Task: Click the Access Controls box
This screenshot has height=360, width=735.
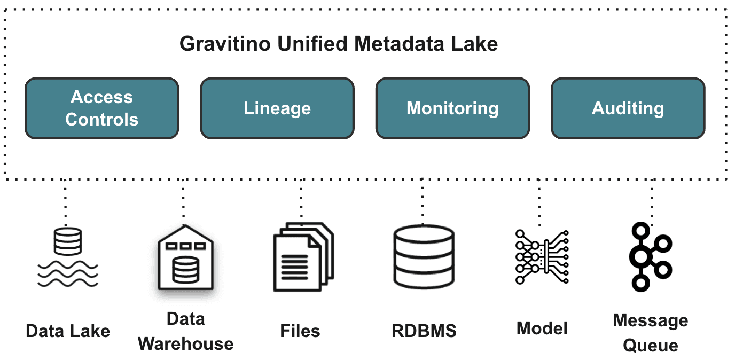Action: (101, 108)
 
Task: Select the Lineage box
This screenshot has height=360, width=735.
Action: (277, 108)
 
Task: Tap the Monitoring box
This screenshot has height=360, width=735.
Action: (452, 108)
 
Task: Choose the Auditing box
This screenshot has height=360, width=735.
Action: (628, 108)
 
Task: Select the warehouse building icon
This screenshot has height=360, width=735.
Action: (185, 260)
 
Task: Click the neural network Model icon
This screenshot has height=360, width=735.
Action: (542, 257)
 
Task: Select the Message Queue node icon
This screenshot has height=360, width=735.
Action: (650, 257)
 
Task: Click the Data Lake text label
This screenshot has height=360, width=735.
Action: (68, 331)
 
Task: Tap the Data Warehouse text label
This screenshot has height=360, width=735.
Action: (185, 331)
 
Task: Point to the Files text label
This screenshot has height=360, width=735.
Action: (300, 331)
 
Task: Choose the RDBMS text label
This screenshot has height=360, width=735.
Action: (424, 331)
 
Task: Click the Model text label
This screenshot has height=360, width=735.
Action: (542, 328)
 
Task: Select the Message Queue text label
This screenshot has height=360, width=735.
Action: (650, 333)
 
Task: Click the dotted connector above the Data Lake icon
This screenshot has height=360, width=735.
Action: (65, 203)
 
